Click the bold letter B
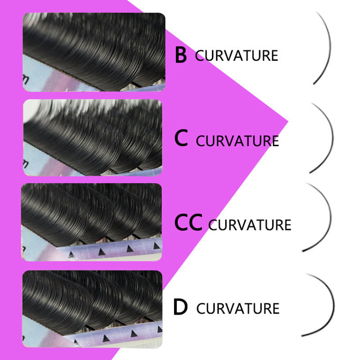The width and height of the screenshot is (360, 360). (180, 55)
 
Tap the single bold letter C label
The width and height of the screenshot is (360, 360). (181, 139)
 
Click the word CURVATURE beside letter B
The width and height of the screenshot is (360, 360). (236, 56)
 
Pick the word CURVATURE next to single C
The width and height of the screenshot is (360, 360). (238, 140)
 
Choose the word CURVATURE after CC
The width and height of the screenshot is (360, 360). (250, 224)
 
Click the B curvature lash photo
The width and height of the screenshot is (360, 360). (94, 52)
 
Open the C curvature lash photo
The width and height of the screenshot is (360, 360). (92, 138)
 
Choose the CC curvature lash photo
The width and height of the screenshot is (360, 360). (92, 222)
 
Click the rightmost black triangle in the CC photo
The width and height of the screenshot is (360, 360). (156, 246)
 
